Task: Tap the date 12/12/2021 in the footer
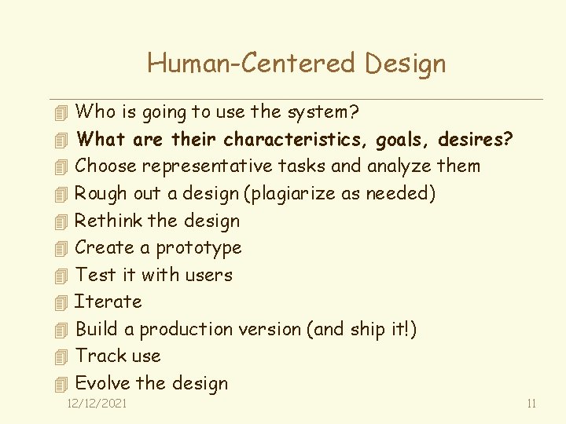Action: click(97, 404)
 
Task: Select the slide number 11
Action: click(531, 404)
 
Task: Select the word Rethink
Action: click(108, 221)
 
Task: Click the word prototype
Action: click(199, 248)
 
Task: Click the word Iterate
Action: click(108, 302)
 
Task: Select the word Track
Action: click(97, 356)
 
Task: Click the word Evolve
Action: click(102, 383)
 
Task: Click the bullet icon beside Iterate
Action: click(63, 302)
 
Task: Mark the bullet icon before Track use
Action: click(63, 356)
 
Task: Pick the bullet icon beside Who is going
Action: click(63, 113)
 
